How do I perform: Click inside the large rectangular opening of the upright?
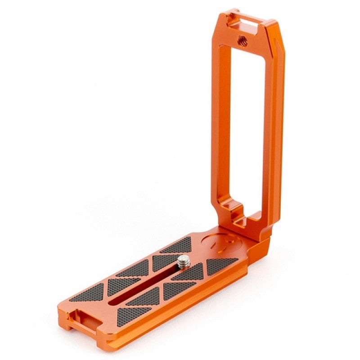tap(247, 121)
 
